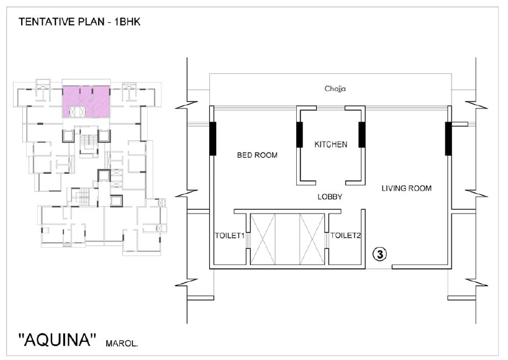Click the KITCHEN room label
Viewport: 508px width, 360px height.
(330, 145)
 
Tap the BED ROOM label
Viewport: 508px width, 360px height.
(257, 155)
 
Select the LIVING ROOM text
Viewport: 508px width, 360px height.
(406, 189)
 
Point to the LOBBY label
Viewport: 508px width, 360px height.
(330, 197)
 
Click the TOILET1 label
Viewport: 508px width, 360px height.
(230, 236)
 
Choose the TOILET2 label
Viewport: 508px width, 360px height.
(345, 235)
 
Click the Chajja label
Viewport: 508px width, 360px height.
(335, 89)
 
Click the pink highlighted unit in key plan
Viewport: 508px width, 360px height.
(86, 102)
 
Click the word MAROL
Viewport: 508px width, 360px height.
(122, 343)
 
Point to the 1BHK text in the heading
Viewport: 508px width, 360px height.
(127, 22)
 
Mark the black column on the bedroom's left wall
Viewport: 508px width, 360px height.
(212, 138)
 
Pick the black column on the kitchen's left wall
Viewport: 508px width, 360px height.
(299, 135)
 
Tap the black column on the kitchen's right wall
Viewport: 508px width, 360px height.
(362, 135)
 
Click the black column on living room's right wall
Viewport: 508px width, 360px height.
(448, 138)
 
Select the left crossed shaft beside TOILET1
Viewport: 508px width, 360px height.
(263, 239)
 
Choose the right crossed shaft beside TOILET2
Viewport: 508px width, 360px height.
(312, 239)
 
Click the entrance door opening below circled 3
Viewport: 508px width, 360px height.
(379, 268)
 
